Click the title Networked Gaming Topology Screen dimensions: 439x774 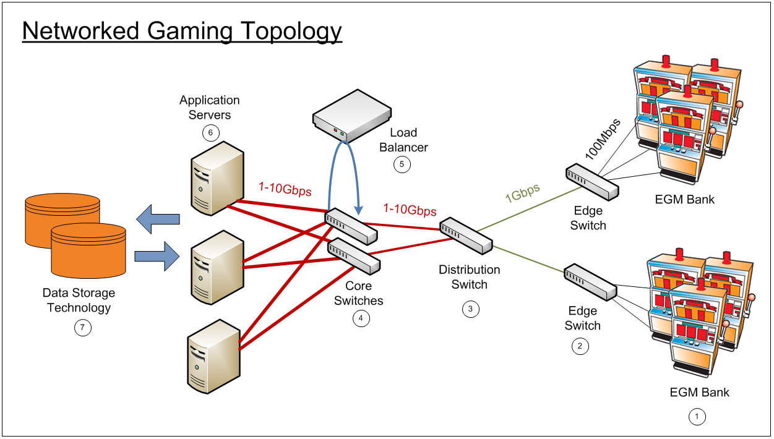[182, 31]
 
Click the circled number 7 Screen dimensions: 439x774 [82, 328]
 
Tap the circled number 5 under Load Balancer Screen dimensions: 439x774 [402, 164]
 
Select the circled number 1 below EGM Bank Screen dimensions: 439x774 [697, 417]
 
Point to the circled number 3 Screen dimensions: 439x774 [471, 309]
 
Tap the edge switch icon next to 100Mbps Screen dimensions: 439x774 [592, 181]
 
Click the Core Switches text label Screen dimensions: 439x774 [359, 294]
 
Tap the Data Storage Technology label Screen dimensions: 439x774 [79, 300]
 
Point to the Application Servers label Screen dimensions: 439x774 [210, 108]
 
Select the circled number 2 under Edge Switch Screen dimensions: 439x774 [580, 346]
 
